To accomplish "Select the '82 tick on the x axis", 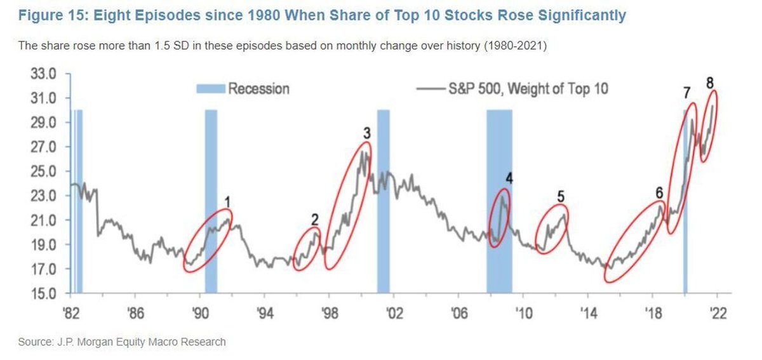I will click(71, 314).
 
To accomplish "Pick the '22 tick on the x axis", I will click(718, 314).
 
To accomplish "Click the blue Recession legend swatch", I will click(210, 89).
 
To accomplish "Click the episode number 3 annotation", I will click(366, 133).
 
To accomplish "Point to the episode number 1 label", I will click(227, 202).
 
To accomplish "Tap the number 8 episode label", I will click(709, 83).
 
